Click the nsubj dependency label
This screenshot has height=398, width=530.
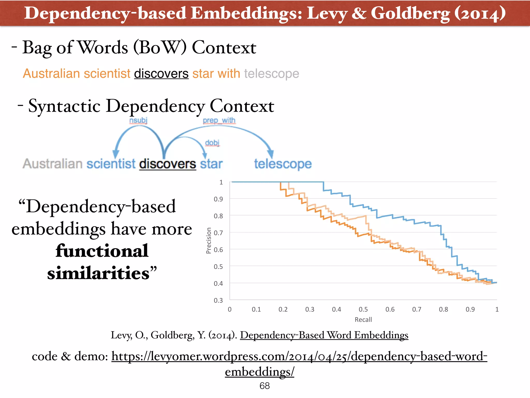tap(138, 120)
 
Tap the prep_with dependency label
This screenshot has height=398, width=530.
tap(219, 120)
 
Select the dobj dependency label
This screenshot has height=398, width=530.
tap(212, 143)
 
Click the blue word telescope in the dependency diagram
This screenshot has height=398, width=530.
tap(283, 164)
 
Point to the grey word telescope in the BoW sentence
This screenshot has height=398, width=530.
tap(271, 74)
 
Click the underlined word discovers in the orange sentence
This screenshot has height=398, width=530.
tap(161, 74)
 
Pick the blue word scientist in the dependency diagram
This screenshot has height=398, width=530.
tap(111, 164)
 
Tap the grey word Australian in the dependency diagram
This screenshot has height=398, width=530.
tap(53, 164)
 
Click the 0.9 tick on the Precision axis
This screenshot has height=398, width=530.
tap(218, 199)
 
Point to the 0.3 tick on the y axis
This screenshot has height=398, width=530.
tap(218, 300)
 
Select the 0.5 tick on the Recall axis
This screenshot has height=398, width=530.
tap(363, 309)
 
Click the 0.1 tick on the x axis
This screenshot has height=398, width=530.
tap(256, 309)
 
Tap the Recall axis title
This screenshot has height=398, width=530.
tap(363, 320)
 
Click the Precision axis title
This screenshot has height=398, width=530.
tap(209, 240)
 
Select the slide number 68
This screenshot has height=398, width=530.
tap(264, 386)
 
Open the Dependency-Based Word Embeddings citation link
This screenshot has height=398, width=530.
tap(324, 335)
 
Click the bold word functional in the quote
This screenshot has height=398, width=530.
tap(102, 251)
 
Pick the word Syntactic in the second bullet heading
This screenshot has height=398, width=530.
tap(64, 106)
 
